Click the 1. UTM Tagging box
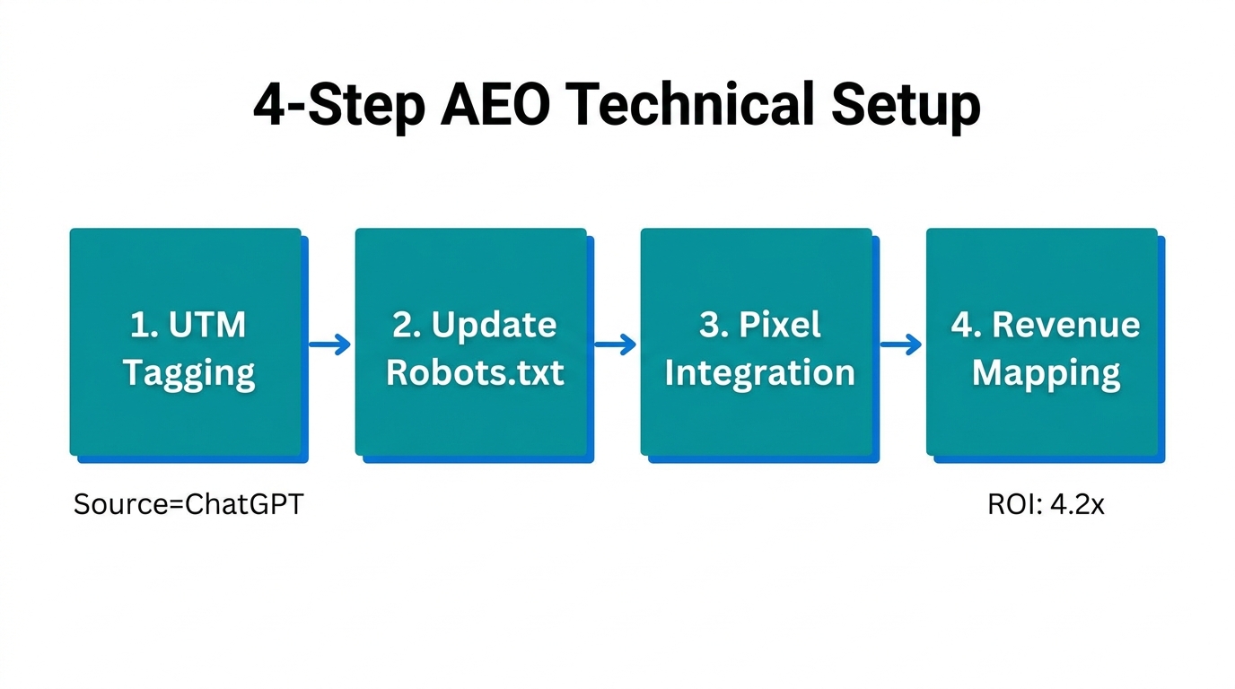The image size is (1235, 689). [186, 342]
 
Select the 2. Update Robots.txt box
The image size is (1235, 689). [471, 342]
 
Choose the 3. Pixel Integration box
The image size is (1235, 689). [757, 342]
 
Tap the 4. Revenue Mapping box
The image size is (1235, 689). [1042, 342]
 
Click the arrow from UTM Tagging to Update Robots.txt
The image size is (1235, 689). [328, 344]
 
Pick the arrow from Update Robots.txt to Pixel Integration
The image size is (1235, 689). [614, 344]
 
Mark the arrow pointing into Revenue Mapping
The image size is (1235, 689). [899, 344]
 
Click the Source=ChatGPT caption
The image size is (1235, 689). [188, 504]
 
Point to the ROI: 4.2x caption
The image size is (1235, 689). [1046, 504]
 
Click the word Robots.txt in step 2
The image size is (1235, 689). [475, 371]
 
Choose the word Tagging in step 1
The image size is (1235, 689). [188, 371]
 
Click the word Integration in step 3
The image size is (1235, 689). [759, 371]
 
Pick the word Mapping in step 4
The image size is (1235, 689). [1046, 371]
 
